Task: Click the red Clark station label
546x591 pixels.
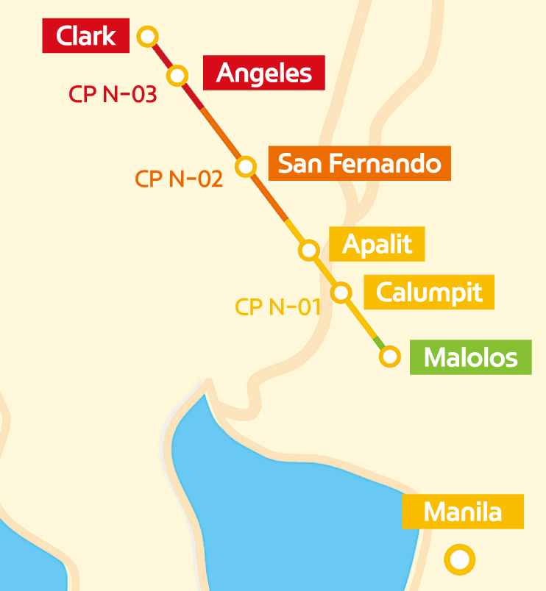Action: tap(86, 36)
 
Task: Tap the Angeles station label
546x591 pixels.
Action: tap(263, 73)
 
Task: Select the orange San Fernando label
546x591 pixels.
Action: tap(359, 163)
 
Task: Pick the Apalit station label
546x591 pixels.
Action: tap(377, 243)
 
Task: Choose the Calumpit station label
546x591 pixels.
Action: tap(429, 293)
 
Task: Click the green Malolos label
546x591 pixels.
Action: tap(471, 357)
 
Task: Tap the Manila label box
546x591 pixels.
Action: tap(463, 512)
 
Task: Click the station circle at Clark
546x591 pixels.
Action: tap(148, 35)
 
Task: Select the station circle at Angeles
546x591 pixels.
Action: tap(178, 75)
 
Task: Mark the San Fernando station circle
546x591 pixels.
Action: tap(246, 166)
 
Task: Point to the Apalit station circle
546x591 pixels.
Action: tap(309, 250)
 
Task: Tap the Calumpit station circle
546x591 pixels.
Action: tap(341, 293)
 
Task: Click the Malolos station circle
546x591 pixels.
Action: tap(389, 357)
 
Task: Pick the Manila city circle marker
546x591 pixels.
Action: tap(460, 560)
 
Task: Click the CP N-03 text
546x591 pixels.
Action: tap(113, 94)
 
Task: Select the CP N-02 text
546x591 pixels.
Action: tap(179, 179)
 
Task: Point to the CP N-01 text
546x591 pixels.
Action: tap(278, 307)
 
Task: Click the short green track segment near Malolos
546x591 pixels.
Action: tap(379, 343)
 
